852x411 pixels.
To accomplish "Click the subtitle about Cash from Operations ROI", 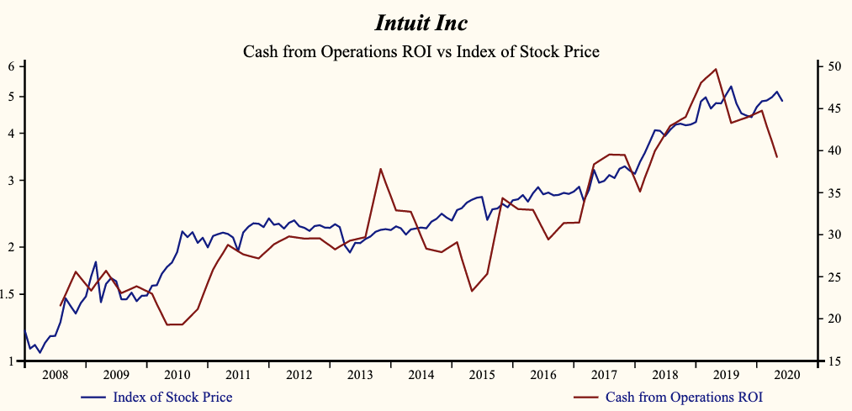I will [x=421, y=52].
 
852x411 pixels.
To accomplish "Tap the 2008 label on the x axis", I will [x=55, y=374].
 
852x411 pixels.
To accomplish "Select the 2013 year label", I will [x=360, y=374].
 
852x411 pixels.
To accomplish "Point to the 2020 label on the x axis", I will [x=786, y=374].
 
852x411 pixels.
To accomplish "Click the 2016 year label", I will [x=542, y=374].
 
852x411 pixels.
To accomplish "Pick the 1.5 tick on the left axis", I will [x=13, y=294].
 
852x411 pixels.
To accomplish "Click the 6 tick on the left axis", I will [x=13, y=66].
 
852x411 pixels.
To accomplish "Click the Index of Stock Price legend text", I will [x=172, y=397].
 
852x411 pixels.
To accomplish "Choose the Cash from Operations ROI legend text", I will [x=684, y=397].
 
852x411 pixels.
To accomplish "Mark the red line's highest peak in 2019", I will [x=716, y=69].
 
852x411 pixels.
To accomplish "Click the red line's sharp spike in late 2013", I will [x=381, y=169].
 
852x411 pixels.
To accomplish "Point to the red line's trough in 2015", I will [x=472, y=291].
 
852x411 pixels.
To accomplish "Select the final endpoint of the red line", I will [x=777, y=157].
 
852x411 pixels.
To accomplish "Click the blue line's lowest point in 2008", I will [x=40, y=352].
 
